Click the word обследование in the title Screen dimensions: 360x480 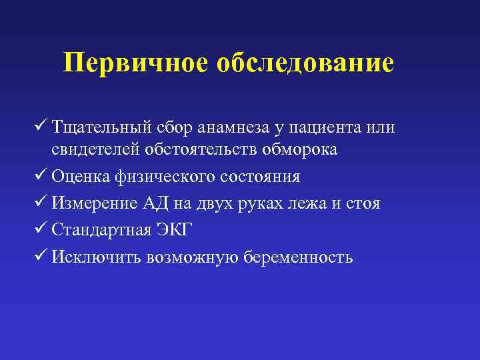pyautogui.click(x=304, y=63)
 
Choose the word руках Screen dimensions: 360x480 pyautogui.click(x=272, y=203)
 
